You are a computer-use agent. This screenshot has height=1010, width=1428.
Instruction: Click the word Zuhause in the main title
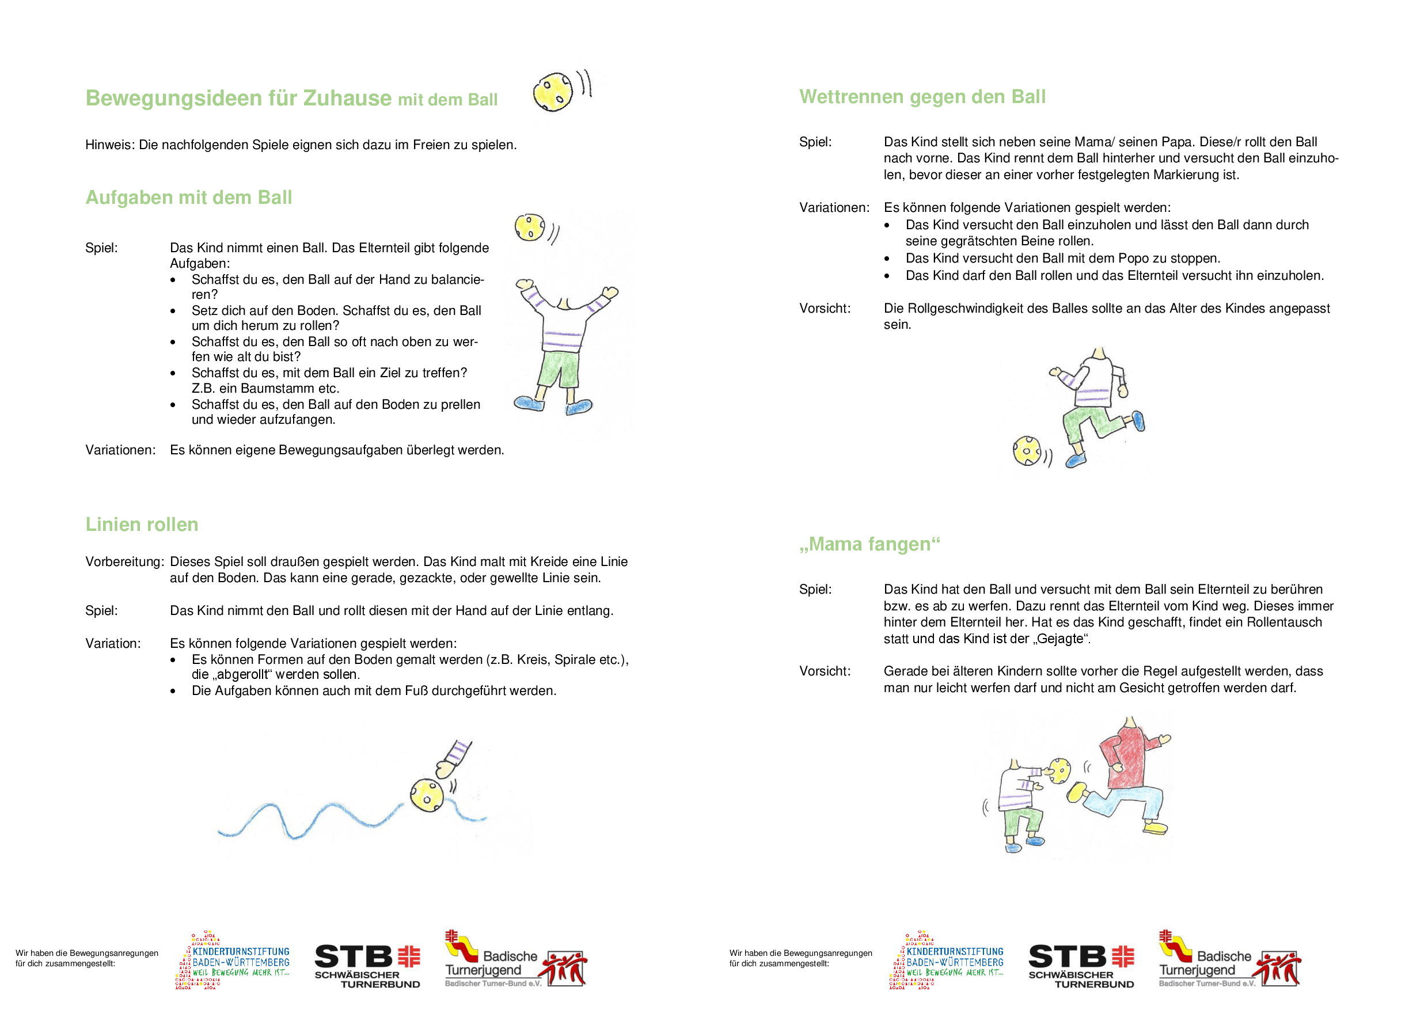click(x=347, y=98)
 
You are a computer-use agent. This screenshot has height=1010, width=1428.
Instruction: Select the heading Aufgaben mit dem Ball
click(x=188, y=198)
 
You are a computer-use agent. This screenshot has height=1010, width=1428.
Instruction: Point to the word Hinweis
click(x=109, y=145)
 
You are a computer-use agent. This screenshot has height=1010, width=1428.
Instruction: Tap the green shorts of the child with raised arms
click(x=559, y=369)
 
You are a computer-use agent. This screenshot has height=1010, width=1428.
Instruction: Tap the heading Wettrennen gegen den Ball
click(x=922, y=97)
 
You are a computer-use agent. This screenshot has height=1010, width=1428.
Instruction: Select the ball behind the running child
click(x=1026, y=451)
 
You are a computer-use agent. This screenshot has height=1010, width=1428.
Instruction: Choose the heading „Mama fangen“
click(x=869, y=545)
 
